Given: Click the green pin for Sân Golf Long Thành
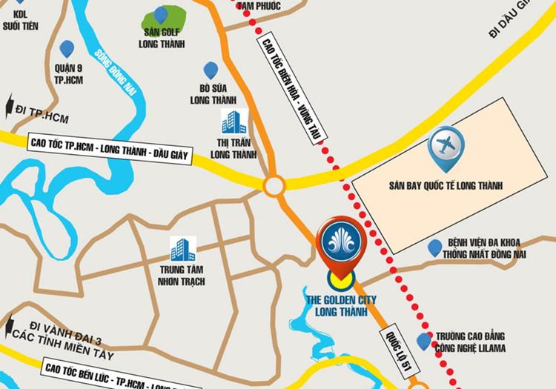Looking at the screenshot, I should (161, 15).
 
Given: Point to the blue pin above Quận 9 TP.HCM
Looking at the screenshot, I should (67, 49).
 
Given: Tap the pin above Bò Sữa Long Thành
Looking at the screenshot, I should (211, 70).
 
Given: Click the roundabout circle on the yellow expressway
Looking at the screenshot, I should (274, 185).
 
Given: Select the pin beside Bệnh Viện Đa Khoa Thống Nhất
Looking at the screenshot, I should (434, 247).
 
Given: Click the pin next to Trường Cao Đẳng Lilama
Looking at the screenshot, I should (423, 341).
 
